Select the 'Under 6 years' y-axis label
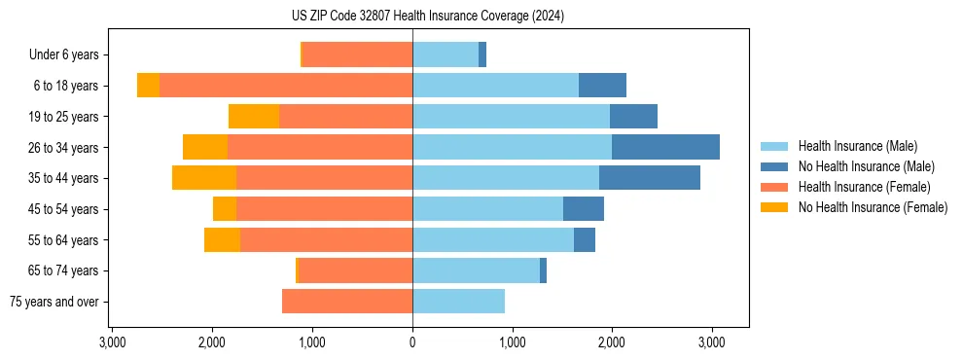(x=69, y=55)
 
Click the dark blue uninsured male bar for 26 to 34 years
(x=665, y=147)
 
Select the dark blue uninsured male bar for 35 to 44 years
(x=649, y=178)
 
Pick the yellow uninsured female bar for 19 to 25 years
(x=254, y=117)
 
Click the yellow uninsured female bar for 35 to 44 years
(x=204, y=178)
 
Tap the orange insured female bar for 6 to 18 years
(x=286, y=86)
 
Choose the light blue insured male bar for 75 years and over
(x=458, y=302)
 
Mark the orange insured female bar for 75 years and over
(x=347, y=302)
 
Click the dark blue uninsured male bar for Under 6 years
(x=482, y=55)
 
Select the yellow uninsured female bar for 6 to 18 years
(x=148, y=86)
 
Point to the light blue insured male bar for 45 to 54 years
(x=487, y=209)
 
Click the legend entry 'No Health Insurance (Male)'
(x=866, y=166)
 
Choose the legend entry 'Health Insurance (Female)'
(x=864, y=187)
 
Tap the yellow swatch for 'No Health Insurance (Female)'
(x=775, y=207)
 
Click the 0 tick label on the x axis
(x=412, y=342)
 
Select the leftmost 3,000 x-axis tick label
(x=113, y=342)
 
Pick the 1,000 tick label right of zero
(x=512, y=342)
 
